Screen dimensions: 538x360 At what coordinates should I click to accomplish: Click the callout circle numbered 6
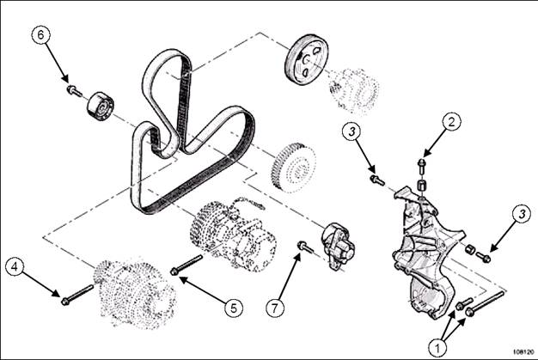[41, 35]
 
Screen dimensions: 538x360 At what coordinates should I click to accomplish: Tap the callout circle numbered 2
[451, 122]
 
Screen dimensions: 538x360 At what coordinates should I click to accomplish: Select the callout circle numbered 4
[15, 266]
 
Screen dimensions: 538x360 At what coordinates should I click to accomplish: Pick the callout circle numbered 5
[234, 308]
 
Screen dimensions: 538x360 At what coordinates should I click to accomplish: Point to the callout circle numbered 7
[275, 308]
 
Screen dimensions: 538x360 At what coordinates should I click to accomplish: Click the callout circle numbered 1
[437, 348]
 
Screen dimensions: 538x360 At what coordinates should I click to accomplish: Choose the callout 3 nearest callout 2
[352, 131]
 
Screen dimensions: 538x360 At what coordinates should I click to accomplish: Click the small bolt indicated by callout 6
[74, 91]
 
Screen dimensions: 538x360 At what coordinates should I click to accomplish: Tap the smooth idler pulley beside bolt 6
[101, 107]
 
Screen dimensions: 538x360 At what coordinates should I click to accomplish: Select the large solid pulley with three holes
[307, 59]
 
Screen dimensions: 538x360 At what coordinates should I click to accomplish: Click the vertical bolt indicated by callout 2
[422, 167]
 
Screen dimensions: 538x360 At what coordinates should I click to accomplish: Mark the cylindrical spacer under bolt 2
[421, 185]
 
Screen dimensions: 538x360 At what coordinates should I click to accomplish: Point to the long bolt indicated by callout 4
[77, 295]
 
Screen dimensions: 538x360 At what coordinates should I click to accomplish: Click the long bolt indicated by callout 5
[186, 265]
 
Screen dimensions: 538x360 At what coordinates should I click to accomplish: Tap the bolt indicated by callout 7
[306, 247]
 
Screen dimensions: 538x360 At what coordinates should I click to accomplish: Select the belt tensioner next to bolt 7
[337, 246]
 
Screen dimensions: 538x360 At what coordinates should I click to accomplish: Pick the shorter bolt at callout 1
[464, 303]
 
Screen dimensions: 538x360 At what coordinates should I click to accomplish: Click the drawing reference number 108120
[524, 351]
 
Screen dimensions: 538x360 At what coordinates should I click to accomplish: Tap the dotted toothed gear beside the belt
[293, 168]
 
